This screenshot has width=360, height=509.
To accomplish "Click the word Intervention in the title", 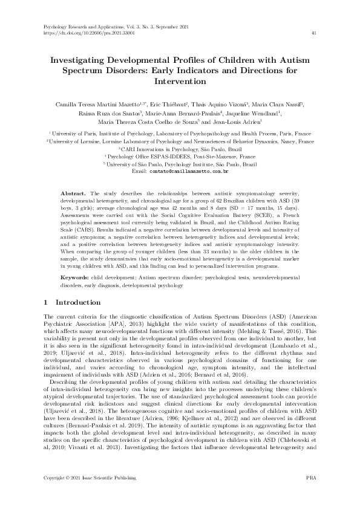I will pos(180,80).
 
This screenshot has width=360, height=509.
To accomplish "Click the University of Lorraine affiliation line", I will pos(180,140).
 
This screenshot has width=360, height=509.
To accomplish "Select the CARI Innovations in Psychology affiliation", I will pos(180,148).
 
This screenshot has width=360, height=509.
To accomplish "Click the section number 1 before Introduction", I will pos(47,302).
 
